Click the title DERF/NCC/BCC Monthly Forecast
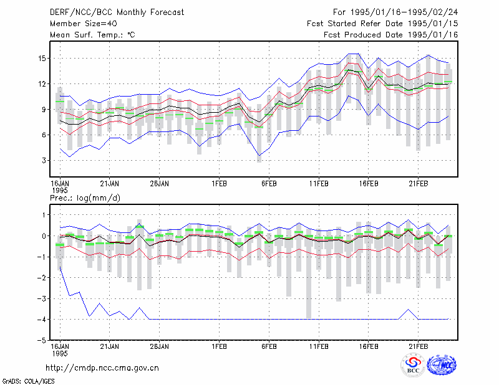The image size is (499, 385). pyautogui.click(x=117, y=12)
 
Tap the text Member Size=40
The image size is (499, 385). pyautogui.click(x=84, y=24)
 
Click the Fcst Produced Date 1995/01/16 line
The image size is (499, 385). pyautogui.click(x=391, y=35)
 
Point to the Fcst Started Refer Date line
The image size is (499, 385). pyautogui.click(x=382, y=24)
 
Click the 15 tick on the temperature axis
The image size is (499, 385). pyautogui.click(x=42, y=59)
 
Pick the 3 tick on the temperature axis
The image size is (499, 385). pyautogui.click(x=44, y=161)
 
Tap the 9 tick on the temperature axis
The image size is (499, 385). pyautogui.click(x=44, y=110)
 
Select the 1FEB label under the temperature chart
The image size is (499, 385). pyautogui.click(x=220, y=184)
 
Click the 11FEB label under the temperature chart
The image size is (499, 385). pyautogui.click(x=319, y=184)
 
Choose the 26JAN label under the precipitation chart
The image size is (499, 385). pyautogui.click(x=160, y=346)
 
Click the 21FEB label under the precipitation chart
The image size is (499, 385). pyautogui.click(x=418, y=346)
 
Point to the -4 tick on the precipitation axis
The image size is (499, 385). pyautogui.click(x=42, y=319)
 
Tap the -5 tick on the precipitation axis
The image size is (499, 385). pyautogui.click(x=42, y=340)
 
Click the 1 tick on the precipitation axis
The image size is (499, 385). pyautogui.click(x=44, y=215)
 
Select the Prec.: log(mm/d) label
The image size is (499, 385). pyautogui.click(x=85, y=198)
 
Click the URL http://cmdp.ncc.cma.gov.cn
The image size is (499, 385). pyautogui.click(x=102, y=368)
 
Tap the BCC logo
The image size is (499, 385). pyautogui.click(x=413, y=366)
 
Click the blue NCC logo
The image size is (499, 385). pyautogui.click(x=442, y=365)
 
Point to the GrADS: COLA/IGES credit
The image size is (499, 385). pyautogui.click(x=29, y=381)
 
